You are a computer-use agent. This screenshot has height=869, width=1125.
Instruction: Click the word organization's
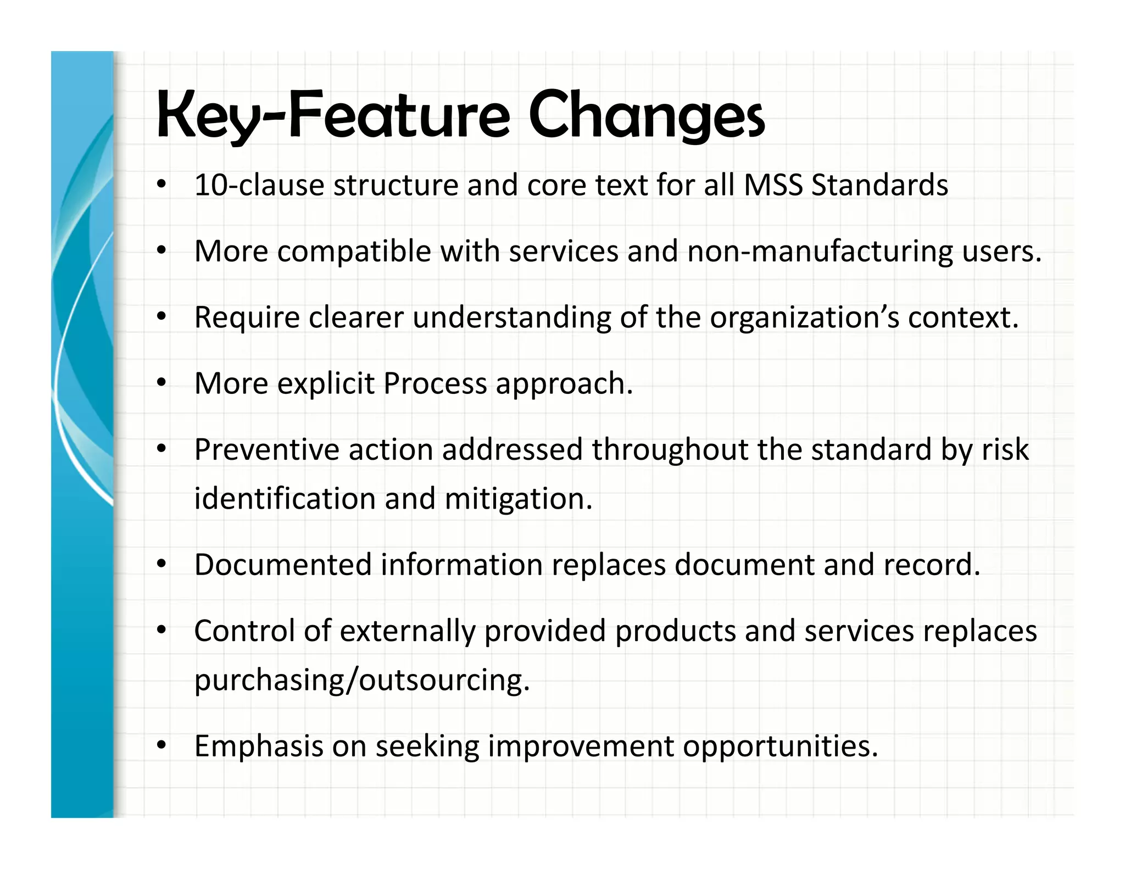coord(804,318)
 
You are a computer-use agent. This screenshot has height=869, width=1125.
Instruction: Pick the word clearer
coord(356,318)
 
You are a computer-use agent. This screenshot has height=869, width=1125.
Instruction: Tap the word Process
coord(435,383)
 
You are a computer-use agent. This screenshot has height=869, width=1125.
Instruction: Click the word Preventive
coord(267,450)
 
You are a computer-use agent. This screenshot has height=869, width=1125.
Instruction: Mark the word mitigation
coord(518,499)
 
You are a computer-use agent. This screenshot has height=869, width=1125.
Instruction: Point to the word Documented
coord(283,565)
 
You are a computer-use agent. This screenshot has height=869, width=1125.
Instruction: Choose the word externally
coord(408,631)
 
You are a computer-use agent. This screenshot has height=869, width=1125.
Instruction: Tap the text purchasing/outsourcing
coord(362,681)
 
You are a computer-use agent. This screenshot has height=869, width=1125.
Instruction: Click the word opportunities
coord(780,747)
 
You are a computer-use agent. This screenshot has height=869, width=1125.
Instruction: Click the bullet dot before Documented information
coord(161,564)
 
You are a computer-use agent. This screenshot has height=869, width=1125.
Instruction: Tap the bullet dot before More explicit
coord(161,383)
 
